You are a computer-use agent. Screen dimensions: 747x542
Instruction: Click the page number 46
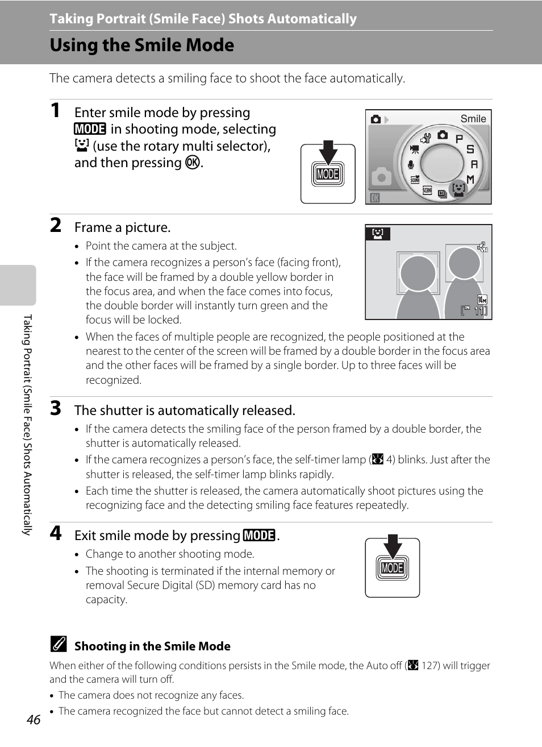[x=34, y=719]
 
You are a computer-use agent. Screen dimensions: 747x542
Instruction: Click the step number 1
[x=55, y=110]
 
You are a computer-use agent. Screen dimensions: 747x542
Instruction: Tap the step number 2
[x=56, y=225]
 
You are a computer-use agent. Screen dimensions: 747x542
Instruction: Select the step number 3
[x=56, y=408]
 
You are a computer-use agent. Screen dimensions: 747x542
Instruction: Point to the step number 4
[x=56, y=533]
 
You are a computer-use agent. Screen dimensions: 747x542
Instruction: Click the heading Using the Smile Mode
[x=142, y=45]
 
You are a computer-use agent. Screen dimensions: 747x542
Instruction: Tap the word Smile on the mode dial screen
[x=473, y=119]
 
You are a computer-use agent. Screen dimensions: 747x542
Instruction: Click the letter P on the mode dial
[x=459, y=139]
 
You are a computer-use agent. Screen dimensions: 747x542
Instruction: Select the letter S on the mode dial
[x=470, y=149]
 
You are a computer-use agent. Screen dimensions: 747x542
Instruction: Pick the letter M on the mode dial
[x=470, y=179]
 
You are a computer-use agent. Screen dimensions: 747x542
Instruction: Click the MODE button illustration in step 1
[x=328, y=174]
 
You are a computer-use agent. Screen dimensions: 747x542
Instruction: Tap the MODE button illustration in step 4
[x=392, y=568]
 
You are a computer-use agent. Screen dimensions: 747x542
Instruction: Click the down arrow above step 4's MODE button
[x=392, y=546]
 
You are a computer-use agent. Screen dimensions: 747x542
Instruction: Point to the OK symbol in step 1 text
[x=193, y=163]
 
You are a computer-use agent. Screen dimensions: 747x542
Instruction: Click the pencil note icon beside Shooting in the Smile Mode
[x=58, y=645]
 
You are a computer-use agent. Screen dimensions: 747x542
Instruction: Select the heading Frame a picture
[x=122, y=227]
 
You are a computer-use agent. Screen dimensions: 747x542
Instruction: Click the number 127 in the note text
[x=430, y=666]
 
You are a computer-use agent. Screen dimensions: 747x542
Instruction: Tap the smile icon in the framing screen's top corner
[x=378, y=233]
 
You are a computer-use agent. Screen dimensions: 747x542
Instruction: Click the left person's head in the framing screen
[x=418, y=273]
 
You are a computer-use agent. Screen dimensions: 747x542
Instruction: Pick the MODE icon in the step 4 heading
[x=259, y=536]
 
